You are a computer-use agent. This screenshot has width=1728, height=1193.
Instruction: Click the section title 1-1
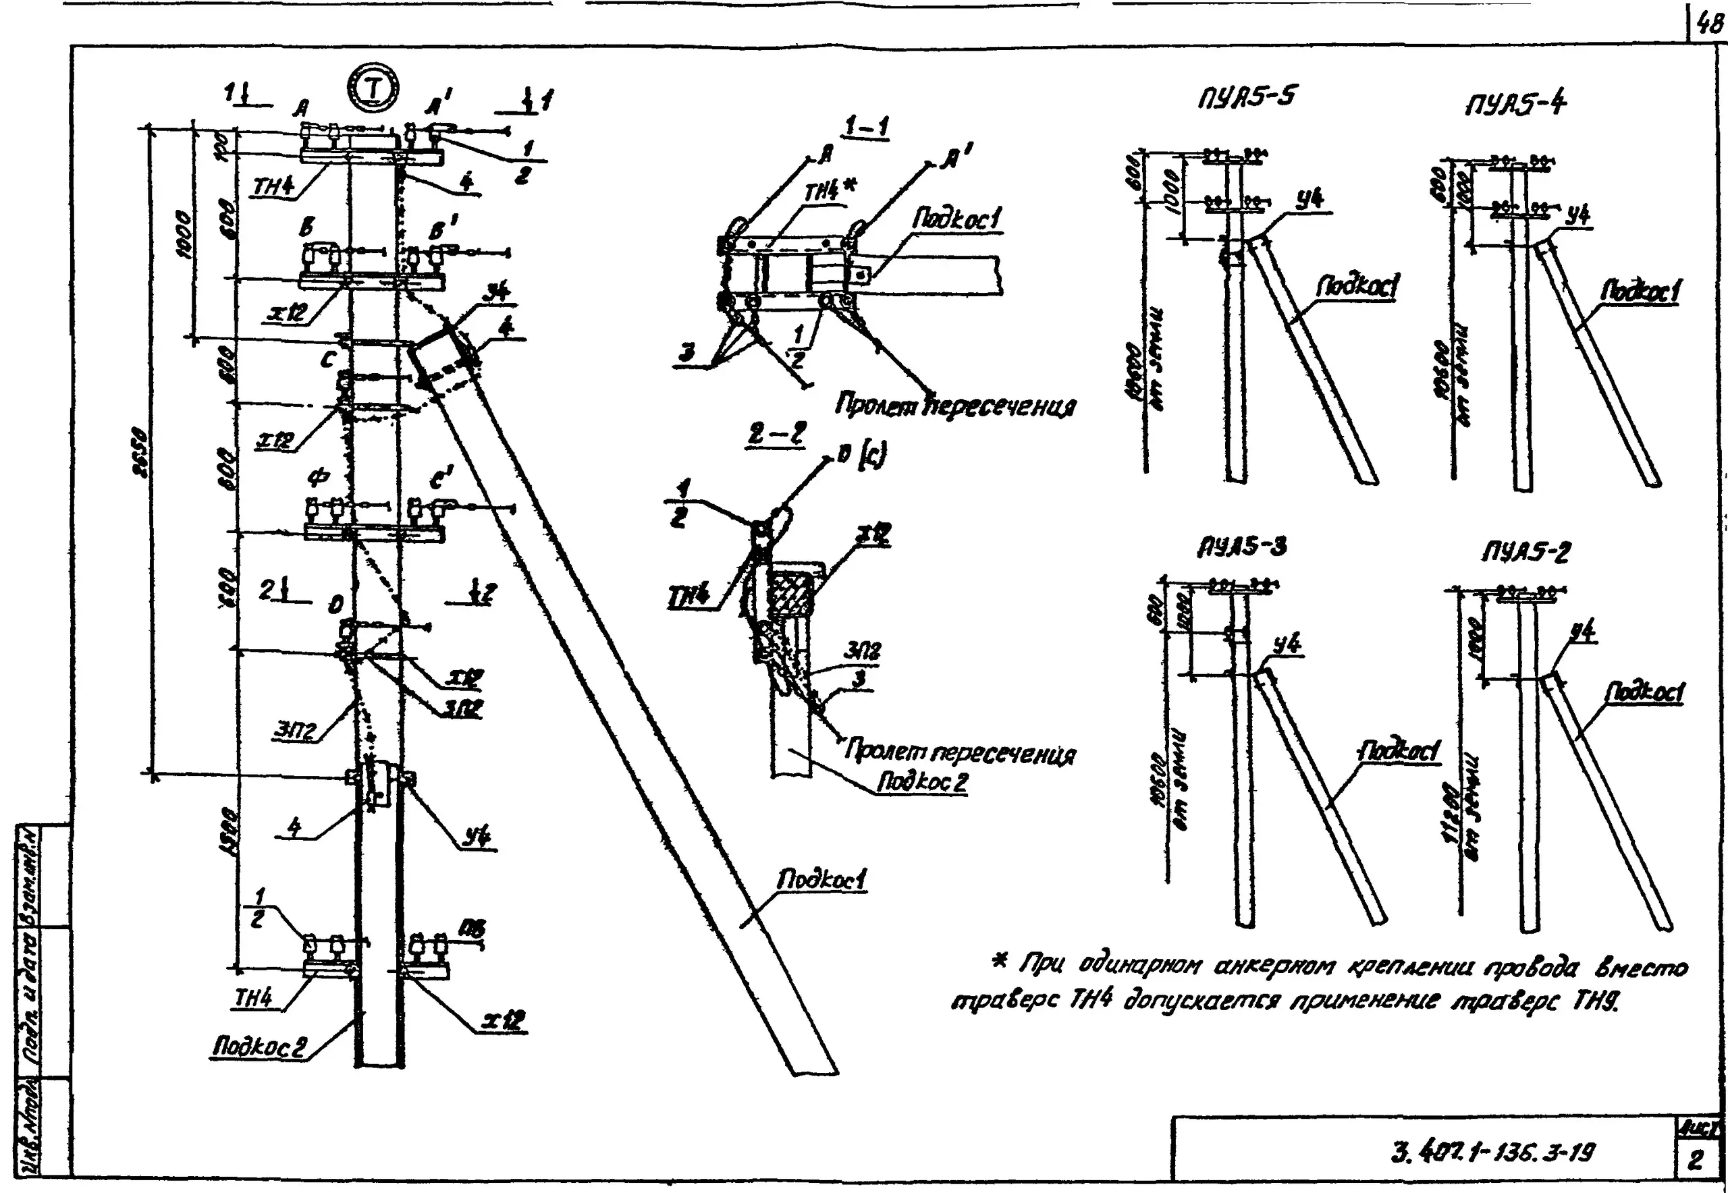[x=866, y=127]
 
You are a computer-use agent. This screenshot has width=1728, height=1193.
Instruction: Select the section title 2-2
[x=777, y=435]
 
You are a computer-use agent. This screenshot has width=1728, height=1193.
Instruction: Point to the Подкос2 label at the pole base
[x=259, y=1047]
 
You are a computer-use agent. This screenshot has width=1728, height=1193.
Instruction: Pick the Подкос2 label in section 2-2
[x=922, y=782]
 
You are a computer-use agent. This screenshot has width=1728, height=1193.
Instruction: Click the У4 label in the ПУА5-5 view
[x=1309, y=199]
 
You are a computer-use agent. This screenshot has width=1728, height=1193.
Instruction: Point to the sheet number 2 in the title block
[x=1696, y=1160]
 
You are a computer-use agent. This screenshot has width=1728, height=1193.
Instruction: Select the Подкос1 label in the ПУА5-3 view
[x=1398, y=750]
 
